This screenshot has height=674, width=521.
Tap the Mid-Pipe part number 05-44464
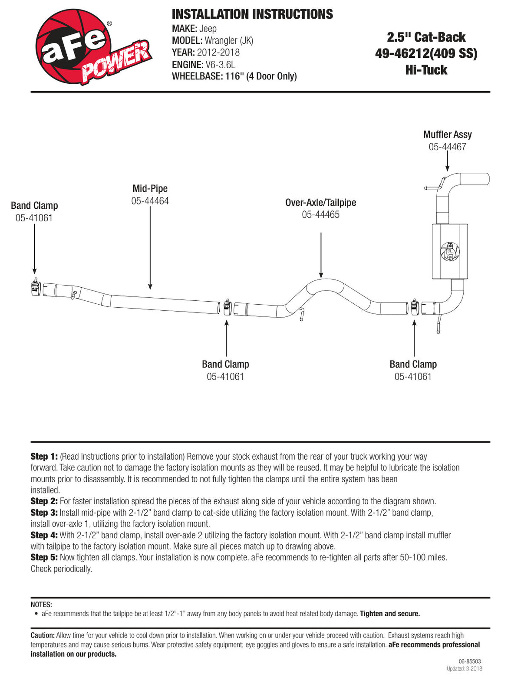pyautogui.click(x=150, y=201)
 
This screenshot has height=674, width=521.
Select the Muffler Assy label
pyautogui.click(x=447, y=134)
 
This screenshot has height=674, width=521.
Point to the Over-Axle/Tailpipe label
pyautogui.click(x=320, y=203)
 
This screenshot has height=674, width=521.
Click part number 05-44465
pyautogui.click(x=320, y=214)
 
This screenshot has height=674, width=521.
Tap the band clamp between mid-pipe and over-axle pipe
pyautogui.click(x=228, y=307)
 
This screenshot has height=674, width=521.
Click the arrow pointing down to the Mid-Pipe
pyautogui.click(x=150, y=248)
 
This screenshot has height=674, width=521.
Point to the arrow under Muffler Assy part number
pyautogui.click(x=447, y=161)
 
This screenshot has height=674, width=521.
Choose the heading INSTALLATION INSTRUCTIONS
pyautogui.click(x=252, y=14)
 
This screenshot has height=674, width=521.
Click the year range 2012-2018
pyautogui.click(x=218, y=52)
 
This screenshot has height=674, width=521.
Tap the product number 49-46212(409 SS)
pyautogui.click(x=426, y=53)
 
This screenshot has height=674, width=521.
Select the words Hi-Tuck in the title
pyautogui.click(x=426, y=70)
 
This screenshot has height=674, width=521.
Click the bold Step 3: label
pyautogui.click(x=44, y=513)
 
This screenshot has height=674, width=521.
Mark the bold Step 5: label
pyautogui.click(x=44, y=557)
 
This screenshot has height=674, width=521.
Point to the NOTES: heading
pyautogui.click(x=41, y=605)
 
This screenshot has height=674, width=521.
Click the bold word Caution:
pyautogui.click(x=43, y=635)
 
